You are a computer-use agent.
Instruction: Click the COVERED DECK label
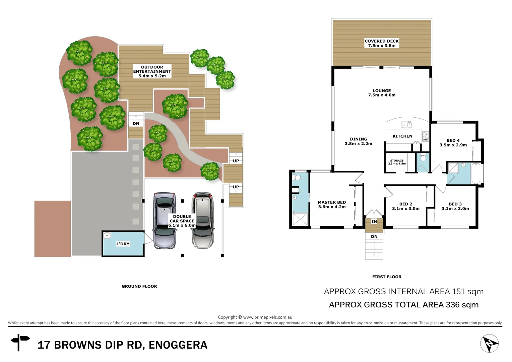382,43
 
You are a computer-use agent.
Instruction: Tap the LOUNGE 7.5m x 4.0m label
382,93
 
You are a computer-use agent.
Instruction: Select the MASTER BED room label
332,204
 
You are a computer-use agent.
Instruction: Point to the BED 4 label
453,143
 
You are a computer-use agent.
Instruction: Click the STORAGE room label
397,162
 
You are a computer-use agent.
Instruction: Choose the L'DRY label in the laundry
123,244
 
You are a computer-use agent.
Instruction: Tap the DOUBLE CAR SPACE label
182,221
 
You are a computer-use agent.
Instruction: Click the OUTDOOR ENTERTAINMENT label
152,71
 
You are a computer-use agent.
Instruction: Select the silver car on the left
165,221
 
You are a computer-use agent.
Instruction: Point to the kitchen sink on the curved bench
407,125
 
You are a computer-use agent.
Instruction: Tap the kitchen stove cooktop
426,136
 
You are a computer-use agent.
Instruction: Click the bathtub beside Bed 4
476,173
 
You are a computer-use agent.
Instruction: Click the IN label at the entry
374,222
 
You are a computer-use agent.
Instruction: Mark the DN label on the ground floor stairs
136,124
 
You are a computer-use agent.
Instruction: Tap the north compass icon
489,344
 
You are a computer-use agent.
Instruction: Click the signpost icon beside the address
20,342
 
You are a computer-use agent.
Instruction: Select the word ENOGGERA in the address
178,345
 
